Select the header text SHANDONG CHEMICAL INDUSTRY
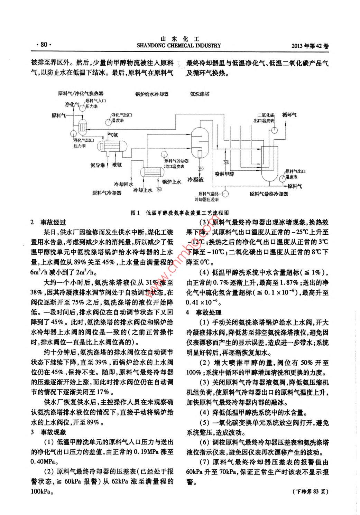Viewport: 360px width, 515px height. pyautogui.click(x=179, y=45)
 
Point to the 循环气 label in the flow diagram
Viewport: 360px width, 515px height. pyautogui.click(x=289, y=114)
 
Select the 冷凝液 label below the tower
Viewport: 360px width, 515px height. pyautogui.click(x=195, y=180)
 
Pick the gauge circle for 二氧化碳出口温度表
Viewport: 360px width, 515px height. pyautogui.click(x=274, y=130)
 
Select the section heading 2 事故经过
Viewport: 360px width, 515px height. pyautogui.click(x=48, y=222)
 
